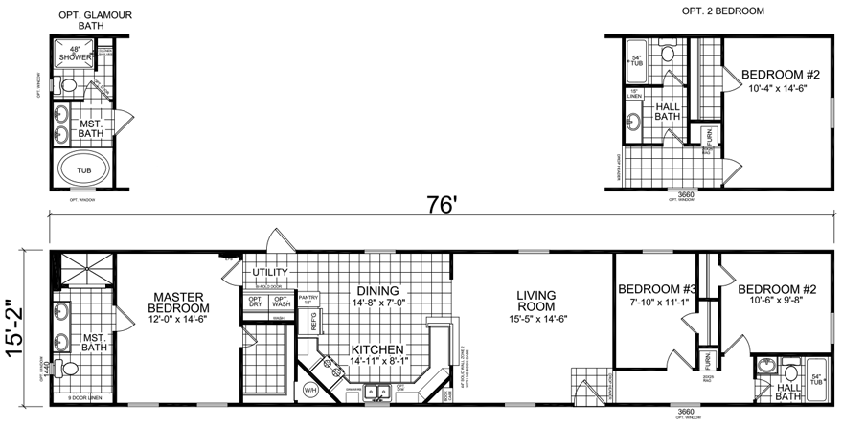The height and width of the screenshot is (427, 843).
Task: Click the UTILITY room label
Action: point(270,273)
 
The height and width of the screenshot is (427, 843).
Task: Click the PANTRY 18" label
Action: point(309,302)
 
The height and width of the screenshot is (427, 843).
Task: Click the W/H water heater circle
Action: point(310,391)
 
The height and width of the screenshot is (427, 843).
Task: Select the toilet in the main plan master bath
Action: point(63,370)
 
